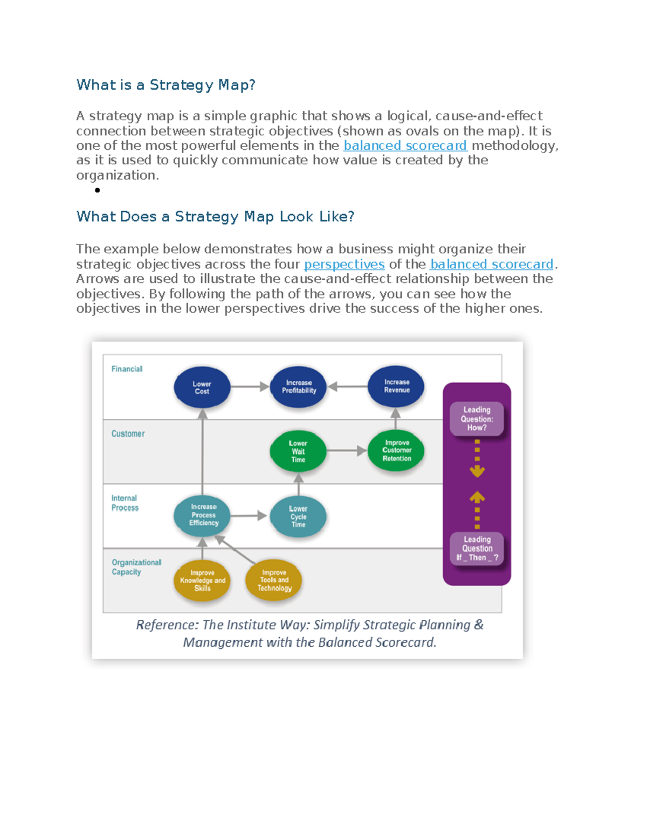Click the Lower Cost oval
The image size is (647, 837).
pyautogui.click(x=202, y=388)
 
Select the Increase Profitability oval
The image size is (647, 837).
pyautogui.click(x=299, y=387)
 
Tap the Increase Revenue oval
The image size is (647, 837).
pyautogui.click(x=396, y=386)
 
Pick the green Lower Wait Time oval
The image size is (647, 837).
pyautogui.click(x=298, y=451)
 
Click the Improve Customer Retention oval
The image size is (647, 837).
pyautogui.click(x=396, y=451)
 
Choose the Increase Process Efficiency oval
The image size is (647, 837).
pyautogui.click(x=203, y=515)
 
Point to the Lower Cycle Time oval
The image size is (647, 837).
pyautogui.click(x=298, y=516)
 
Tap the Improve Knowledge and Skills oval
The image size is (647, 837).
pyautogui.click(x=202, y=580)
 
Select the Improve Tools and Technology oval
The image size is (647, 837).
pyautogui.click(x=274, y=580)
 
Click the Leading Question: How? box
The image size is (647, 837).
pyautogui.click(x=477, y=419)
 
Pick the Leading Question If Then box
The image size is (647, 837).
pyautogui.click(x=477, y=548)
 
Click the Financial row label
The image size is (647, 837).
pyautogui.click(x=127, y=369)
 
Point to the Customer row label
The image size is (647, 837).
pyautogui.click(x=128, y=434)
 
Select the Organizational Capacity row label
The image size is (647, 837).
pyautogui.click(x=136, y=567)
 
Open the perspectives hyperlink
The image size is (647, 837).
pyautogui.click(x=344, y=264)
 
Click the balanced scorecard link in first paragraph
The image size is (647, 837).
pyautogui.click(x=405, y=146)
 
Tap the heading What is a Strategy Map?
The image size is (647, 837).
pyautogui.click(x=166, y=85)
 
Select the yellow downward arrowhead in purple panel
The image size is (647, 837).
pyautogui.click(x=477, y=472)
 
